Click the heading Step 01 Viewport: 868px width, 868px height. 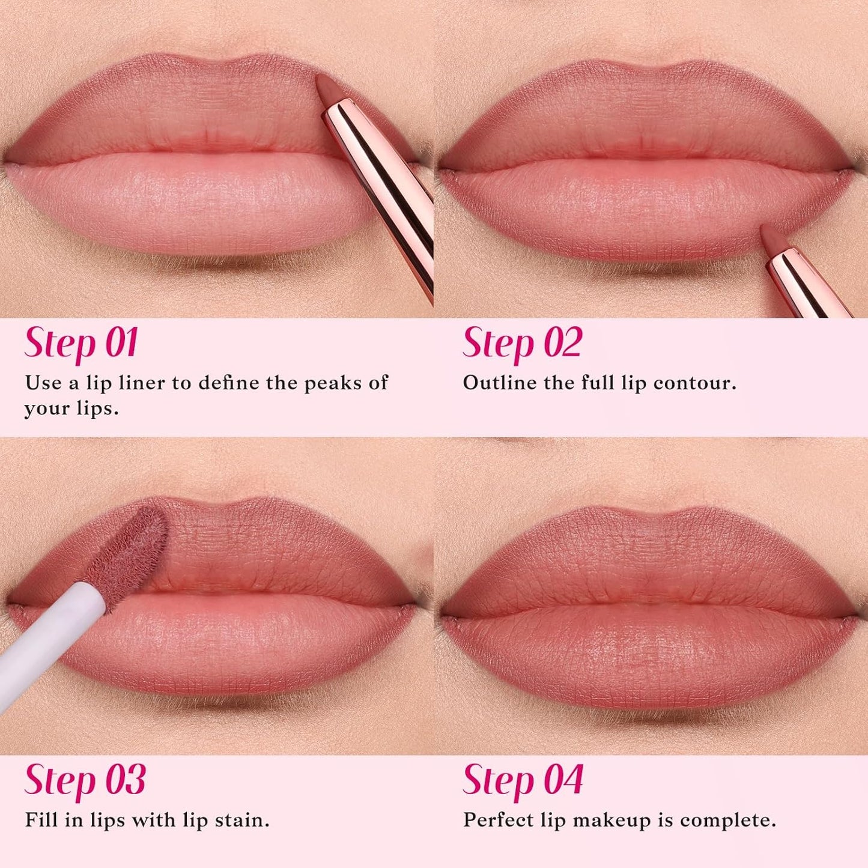point(81,344)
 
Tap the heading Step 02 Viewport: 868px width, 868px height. point(522,344)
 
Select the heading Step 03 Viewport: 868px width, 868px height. point(85,780)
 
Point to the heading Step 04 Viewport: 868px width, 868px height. point(523,780)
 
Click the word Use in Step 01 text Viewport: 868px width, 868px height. point(43,383)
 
